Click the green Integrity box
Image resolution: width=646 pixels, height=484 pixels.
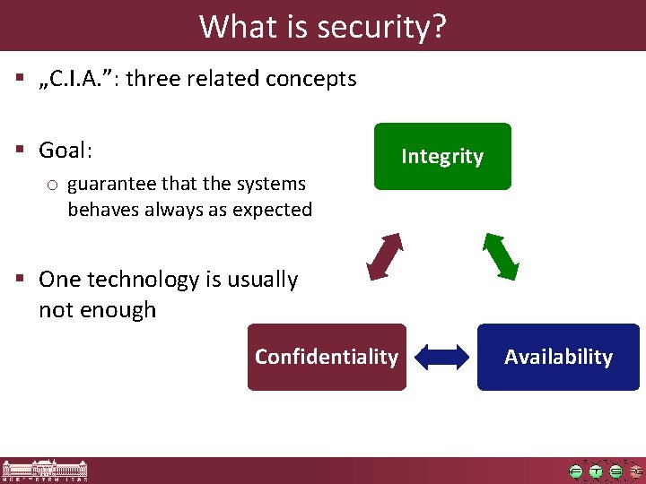click(x=442, y=156)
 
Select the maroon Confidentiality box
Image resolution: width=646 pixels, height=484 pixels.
click(x=327, y=357)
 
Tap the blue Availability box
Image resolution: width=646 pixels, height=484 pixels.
click(x=558, y=357)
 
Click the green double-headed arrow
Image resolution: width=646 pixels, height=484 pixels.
click(x=501, y=255)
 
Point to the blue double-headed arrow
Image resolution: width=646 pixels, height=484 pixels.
click(x=442, y=357)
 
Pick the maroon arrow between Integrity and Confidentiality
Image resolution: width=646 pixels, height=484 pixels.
click(x=384, y=255)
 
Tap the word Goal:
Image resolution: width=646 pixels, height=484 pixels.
click(x=65, y=150)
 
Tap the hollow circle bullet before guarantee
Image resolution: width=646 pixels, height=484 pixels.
click(x=53, y=185)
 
